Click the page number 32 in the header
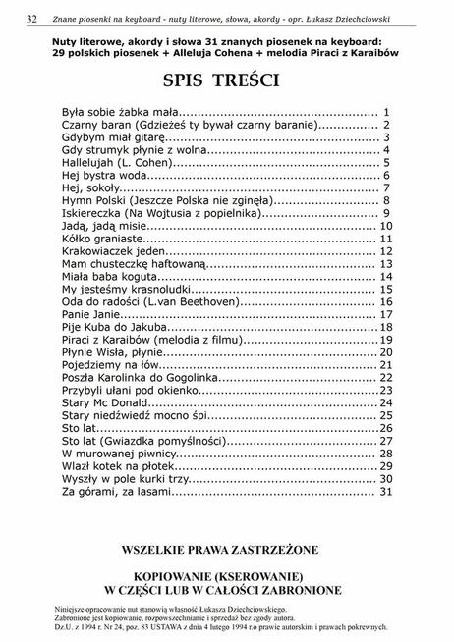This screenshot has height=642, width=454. [32, 18]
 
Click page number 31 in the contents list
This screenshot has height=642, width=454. [386, 491]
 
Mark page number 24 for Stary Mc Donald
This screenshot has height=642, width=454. [386, 402]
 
